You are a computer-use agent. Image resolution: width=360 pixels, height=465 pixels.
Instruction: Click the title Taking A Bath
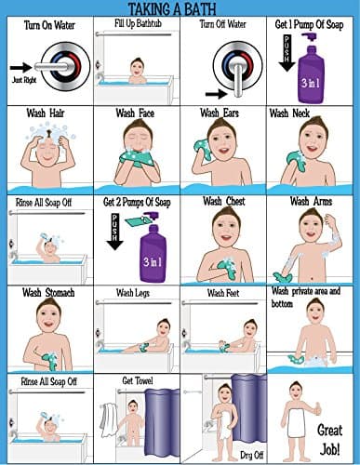point(180,8)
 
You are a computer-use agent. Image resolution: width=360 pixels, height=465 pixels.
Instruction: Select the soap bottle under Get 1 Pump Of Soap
point(315,70)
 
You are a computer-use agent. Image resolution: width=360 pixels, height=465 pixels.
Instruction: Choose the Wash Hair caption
point(47,113)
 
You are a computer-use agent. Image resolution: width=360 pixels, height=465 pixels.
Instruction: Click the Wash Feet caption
point(224,293)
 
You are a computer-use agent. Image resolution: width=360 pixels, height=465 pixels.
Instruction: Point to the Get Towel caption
point(136,379)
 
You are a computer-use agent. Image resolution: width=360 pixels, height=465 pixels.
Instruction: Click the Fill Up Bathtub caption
point(136,22)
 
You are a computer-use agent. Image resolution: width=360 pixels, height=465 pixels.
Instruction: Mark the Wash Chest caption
point(223,202)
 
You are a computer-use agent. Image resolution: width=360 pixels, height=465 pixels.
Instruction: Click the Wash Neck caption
point(291,113)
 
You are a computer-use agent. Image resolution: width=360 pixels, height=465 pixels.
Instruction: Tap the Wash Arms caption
point(312,201)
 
